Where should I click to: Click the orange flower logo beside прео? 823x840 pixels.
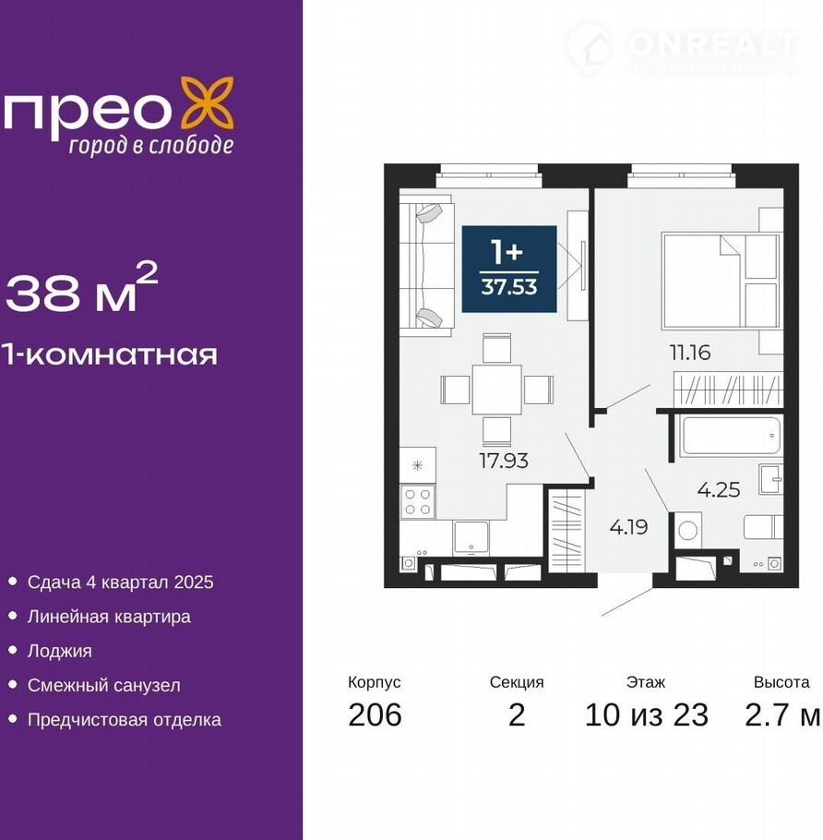click(x=207, y=102)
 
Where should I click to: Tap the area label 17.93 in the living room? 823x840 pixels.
click(x=504, y=461)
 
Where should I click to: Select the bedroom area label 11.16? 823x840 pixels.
click(x=690, y=353)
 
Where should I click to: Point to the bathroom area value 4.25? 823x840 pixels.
click(x=719, y=489)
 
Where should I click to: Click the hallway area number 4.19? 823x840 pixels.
click(x=628, y=527)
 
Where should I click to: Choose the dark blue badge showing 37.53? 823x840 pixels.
click(x=509, y=269)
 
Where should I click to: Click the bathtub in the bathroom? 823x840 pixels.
click(x=729, y=436)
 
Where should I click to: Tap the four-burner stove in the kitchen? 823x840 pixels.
click(x=418, y=502)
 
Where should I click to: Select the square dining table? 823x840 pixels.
click(x=497, y=390)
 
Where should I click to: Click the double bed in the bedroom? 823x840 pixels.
click(x=720, y=281)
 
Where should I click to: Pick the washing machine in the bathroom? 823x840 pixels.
click(x=687, y=531)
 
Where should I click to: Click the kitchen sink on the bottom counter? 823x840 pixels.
click(x=471, y=538)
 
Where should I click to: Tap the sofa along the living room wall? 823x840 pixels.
click(x=427, y=265)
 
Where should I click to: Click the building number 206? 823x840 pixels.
click(x=375, y=714)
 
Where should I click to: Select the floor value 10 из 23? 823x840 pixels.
click(x=646, y=714)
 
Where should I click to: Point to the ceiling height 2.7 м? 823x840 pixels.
click(x=781, y=714)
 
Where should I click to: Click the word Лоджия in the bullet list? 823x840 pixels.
click(x=59, y=651)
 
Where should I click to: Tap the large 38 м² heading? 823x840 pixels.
click(x=82, y=289)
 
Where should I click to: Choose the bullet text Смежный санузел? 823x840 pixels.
click(x=104, y=685)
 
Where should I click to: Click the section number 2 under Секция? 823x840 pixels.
click(x=516, y=714)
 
